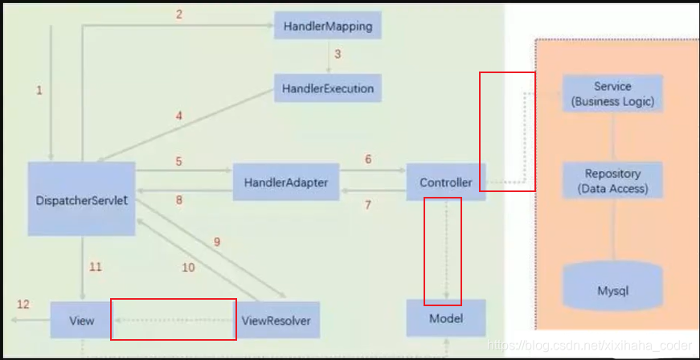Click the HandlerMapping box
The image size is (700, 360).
327,27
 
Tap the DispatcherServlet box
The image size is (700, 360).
81,199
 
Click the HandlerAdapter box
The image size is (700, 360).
285,182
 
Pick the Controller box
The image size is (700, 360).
445,182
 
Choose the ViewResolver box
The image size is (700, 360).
276,321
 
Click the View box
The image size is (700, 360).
82,321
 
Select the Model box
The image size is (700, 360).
445,318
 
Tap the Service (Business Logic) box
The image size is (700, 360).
612,94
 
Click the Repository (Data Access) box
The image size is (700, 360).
612,182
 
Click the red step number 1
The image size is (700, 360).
39,91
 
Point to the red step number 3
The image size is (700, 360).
338,55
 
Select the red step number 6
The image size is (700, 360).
368,159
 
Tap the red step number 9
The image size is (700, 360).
216,241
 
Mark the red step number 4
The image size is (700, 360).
178,116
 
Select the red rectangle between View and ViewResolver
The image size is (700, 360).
173,319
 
